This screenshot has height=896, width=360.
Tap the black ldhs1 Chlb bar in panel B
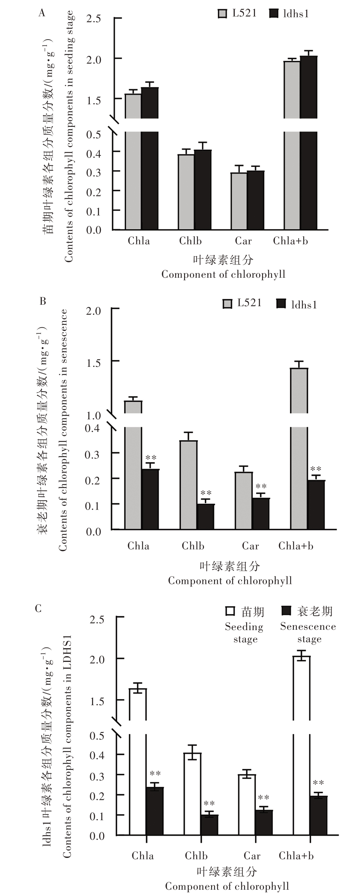(x=206, y=517)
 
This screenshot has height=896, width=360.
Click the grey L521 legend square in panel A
(x=222, y=14)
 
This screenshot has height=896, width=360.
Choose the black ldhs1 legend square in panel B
(x=281, y=304)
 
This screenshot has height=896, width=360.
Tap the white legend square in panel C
(x=230, y=611)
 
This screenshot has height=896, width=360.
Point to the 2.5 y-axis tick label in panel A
(x=94, y=18)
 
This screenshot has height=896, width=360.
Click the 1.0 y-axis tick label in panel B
(x=93, y=416)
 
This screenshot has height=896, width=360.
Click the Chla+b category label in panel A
(x=291, y=241)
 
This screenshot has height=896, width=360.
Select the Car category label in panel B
(x=250, y=546)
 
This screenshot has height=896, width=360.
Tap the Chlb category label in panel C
(x=196, y=855)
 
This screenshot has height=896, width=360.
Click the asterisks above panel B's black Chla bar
(x=151, y=458)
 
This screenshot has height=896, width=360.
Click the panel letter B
(x=43, y=301)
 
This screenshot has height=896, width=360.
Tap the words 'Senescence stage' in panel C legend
(x=308, y=633)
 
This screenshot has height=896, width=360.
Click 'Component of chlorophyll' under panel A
(x=223, y=274)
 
